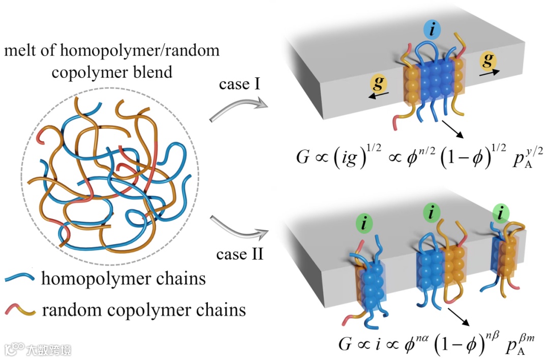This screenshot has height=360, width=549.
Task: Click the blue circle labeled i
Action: pyautogui.click(x=433, y=29)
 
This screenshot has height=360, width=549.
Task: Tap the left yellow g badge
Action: pyautogui.click(x=379, y=83)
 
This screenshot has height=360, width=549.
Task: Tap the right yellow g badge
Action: pyautogui.click(x=487, y=60)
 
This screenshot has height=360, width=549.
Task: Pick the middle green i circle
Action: pyautogui.click(x=432, y=212)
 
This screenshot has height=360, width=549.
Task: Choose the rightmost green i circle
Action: pyautogui.click(x=501, y=213)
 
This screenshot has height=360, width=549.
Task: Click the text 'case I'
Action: pyautogui.click(x=239, y=84)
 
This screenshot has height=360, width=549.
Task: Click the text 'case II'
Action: pyautogui.click(x=239, y=254)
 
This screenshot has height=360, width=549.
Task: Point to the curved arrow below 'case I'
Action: pyautogui.click(x=238, y=107)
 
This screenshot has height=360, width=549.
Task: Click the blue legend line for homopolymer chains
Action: pyautogui.click(x=20, y=278)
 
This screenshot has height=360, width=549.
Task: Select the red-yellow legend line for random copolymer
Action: pyautogui.click(x=20, y=309)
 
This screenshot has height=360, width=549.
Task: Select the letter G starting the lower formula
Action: pyautogui.click(x=345, y=344)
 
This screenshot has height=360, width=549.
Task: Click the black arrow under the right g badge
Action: pyautogui.click(x=490, y=73)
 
